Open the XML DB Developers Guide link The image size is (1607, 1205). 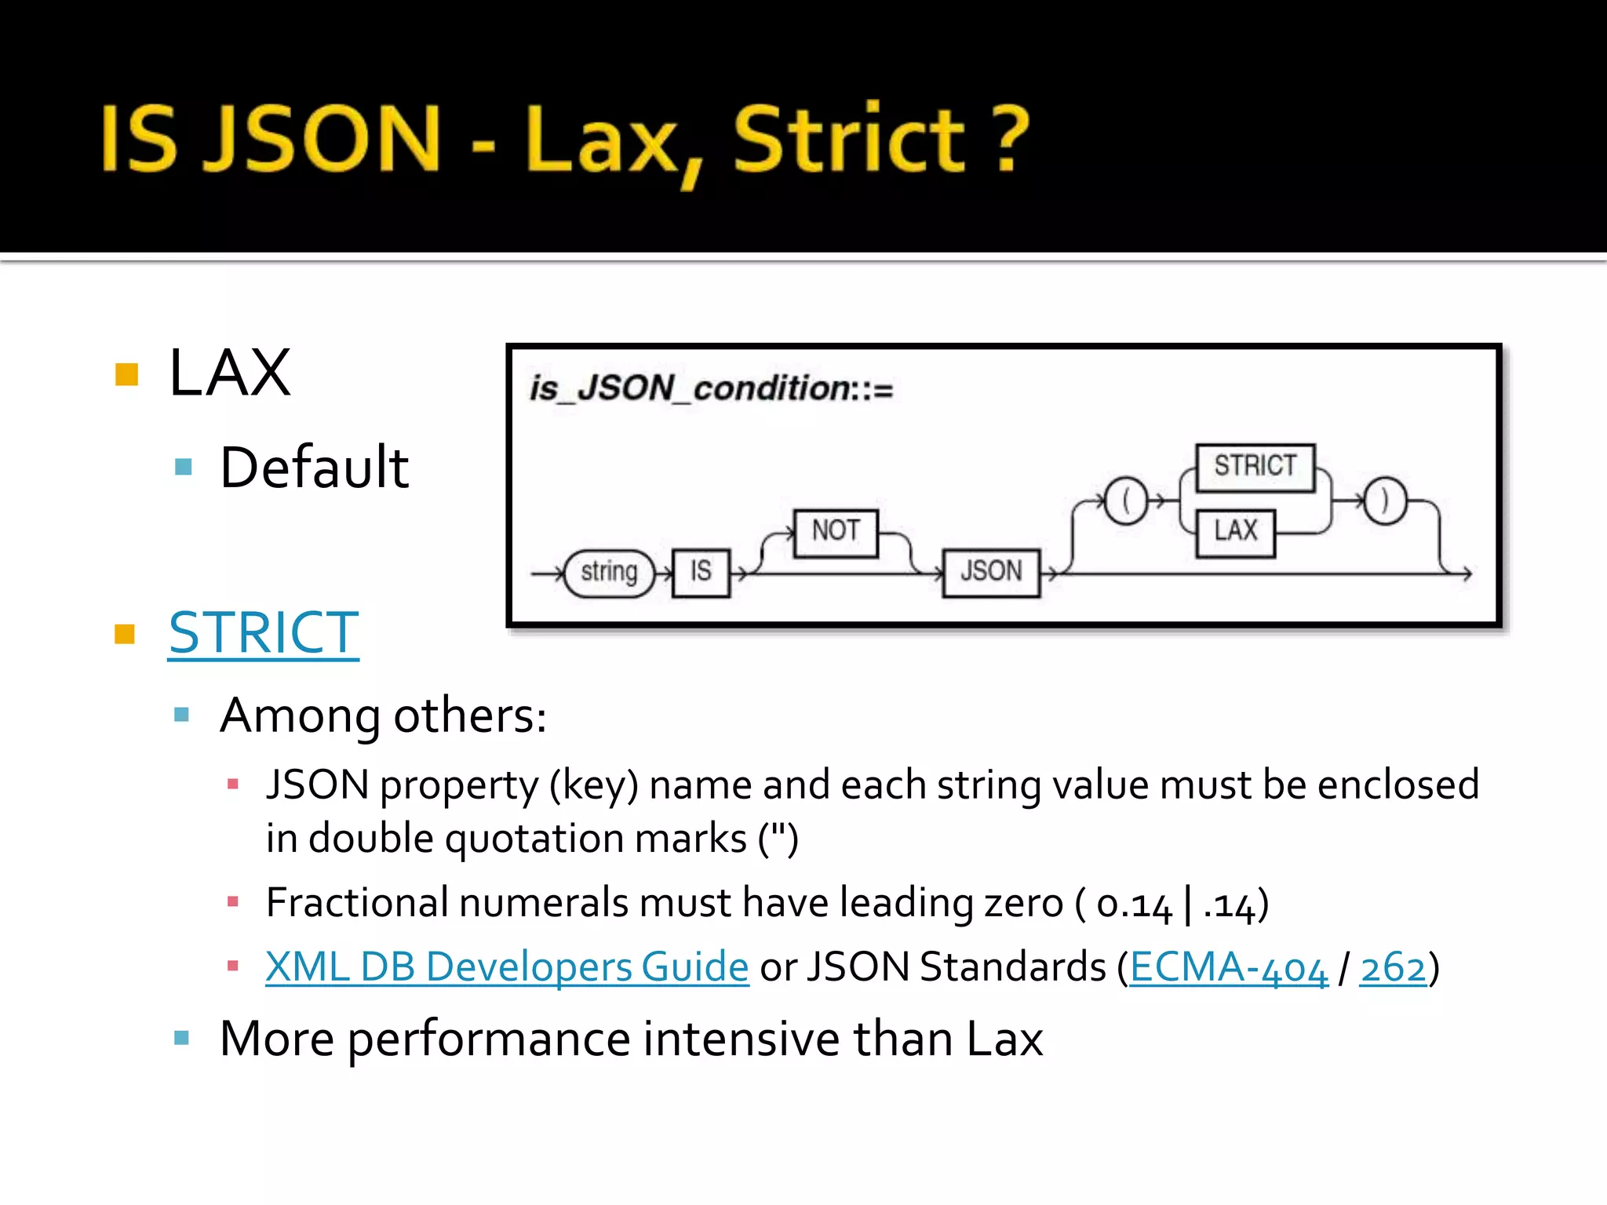pyautogui.click(x=507, y=967)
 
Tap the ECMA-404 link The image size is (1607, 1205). pyautogui.click(x=1228, y=967)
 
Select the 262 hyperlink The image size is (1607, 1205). pyautogui.click(x=1393, y=967)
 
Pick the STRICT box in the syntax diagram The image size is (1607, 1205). pyautogui.click(x=1255, y=467)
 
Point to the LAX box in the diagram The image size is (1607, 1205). pyautogui.click(x=1235, y=532)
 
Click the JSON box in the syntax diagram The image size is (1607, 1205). pyautogui.click(x=991, y=572)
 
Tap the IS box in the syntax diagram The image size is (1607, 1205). pyautogui.click(x=701, y=572)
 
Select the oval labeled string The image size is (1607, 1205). pyautogui.click(x=609, y=573)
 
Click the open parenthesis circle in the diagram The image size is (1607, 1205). pyautogui.click(x=1126, y=500)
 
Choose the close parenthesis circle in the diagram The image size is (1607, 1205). pyautogui.click(x=1384, y=500)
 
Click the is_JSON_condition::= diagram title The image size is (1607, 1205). pyautogui.click(x=711, y=388)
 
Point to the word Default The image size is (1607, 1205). pyautogui.click(x=315, y=468)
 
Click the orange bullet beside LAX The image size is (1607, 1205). pyautogui.click(x=126, y=374)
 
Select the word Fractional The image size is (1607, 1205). pyautogui.click(x=357, y=903)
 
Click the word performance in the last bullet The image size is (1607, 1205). pyautogui.click(x=488, y=1039)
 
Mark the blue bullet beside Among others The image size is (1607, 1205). pyautogui.click(x=182, y=715)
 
